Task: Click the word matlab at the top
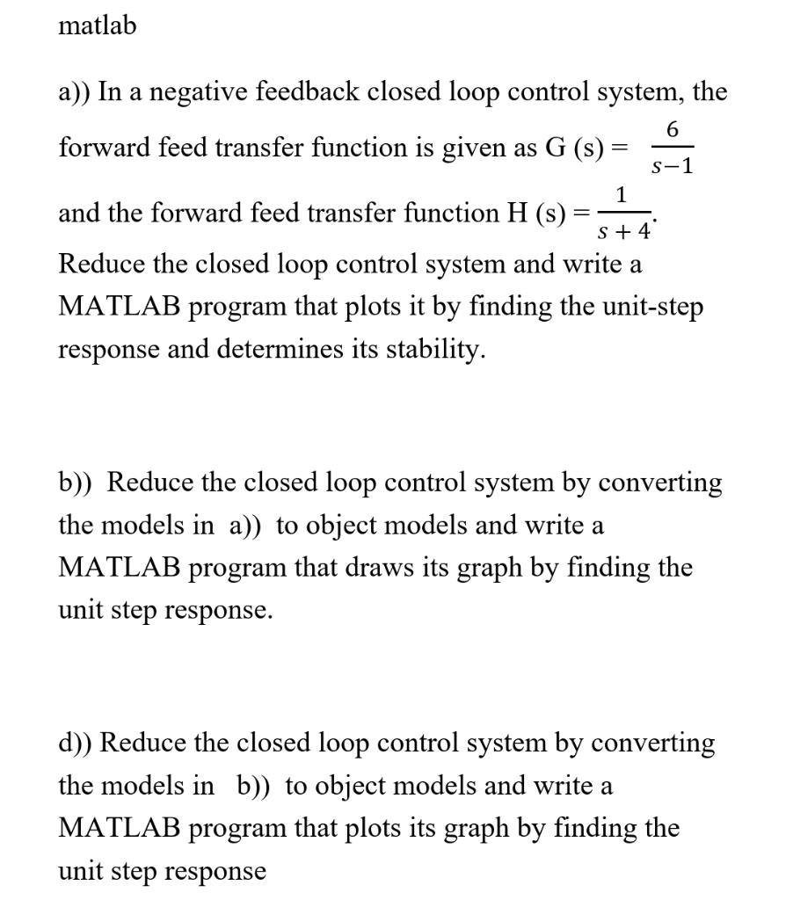coord(98,26)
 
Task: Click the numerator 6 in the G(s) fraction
coord(673,130)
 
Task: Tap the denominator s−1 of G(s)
coord(673,166)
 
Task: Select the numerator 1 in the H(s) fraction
coord(622,195)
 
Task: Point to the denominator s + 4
coord(622,233)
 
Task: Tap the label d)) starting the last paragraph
coord(76,743)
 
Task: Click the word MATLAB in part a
coord(119,307)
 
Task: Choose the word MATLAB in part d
coord(119,828)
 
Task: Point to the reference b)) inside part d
coord(257,785)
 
